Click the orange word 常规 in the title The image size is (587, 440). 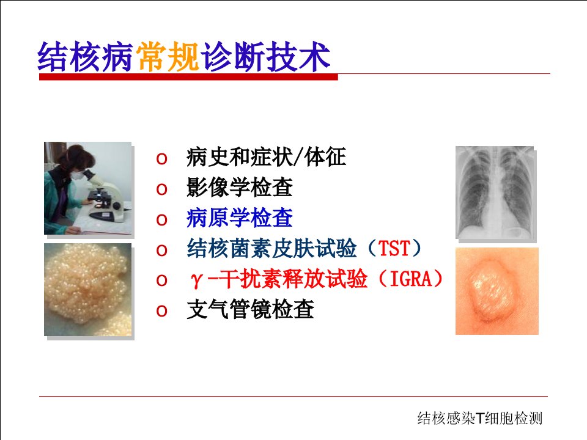(168, 56)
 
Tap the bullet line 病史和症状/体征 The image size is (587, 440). (266, 157)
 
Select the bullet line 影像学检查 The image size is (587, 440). (240, 188)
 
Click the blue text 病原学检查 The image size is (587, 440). (240, 218)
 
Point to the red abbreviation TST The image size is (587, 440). (394, 249)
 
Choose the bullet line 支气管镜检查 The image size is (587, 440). (250, 309)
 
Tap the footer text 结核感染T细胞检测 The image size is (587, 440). (480, 418)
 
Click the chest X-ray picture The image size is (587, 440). (495, 193)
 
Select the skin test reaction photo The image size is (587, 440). (497, 291)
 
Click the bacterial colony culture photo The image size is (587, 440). (87, 290)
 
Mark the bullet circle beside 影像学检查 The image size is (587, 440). (161, 189)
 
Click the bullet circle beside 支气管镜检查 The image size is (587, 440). (161, 311)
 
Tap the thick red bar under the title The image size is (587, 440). (188, 77)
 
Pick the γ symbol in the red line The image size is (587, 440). (196, 280)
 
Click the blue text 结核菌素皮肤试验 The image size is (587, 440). (271, 249)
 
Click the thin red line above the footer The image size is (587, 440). (293, 396)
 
